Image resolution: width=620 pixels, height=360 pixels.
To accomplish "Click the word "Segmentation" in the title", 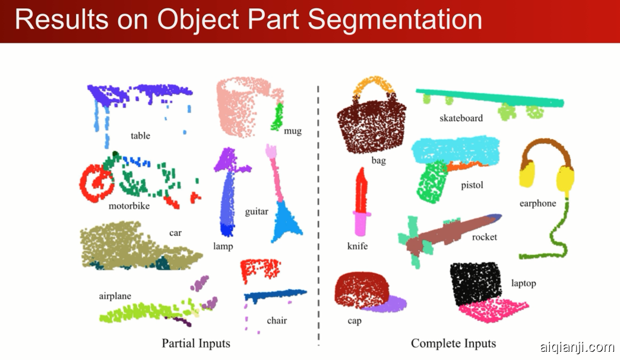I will [x=395, y=20].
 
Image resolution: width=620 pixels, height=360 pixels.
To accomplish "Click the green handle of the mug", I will [x=277, y=118].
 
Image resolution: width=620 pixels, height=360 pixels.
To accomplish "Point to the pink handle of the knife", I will [x=361, y=225].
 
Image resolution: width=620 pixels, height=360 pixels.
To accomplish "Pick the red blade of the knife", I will [x=362, y=190].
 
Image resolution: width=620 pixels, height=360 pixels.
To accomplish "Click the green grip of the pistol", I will [x=431, y=182].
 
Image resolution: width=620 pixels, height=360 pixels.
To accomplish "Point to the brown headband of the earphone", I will [x=545, y=147].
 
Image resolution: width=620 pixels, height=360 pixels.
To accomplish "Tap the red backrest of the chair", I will [x=260, y=269].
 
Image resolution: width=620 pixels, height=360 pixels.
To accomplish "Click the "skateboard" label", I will [x=461, y=118].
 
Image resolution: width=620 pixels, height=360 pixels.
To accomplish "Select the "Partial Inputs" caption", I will [x=195, y=343].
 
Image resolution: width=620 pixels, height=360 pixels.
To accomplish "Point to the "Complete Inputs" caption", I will [x=453, y=343].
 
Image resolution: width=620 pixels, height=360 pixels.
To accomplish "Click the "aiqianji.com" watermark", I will [x=577, y=347].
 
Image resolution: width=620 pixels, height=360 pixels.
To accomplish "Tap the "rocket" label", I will [x=484, y=237].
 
